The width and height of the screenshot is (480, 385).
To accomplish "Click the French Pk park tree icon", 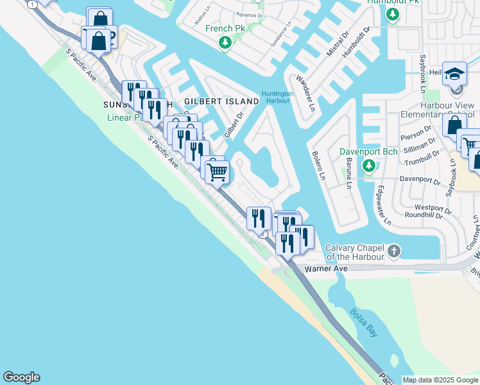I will [225, 42].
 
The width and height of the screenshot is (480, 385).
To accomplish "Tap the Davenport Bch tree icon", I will [368, 167].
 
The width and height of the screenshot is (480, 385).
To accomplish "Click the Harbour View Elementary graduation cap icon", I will [454, 74].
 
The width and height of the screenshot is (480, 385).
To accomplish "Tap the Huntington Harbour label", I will [277, 97].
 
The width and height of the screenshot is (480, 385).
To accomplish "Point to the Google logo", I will [21, 377].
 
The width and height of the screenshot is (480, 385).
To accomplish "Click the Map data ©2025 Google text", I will [440, 380].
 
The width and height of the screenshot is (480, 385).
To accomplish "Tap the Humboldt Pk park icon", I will [393, 14].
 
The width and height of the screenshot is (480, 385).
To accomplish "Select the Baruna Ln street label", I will [348, 174].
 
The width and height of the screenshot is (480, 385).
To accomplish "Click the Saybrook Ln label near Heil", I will [423, 70].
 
